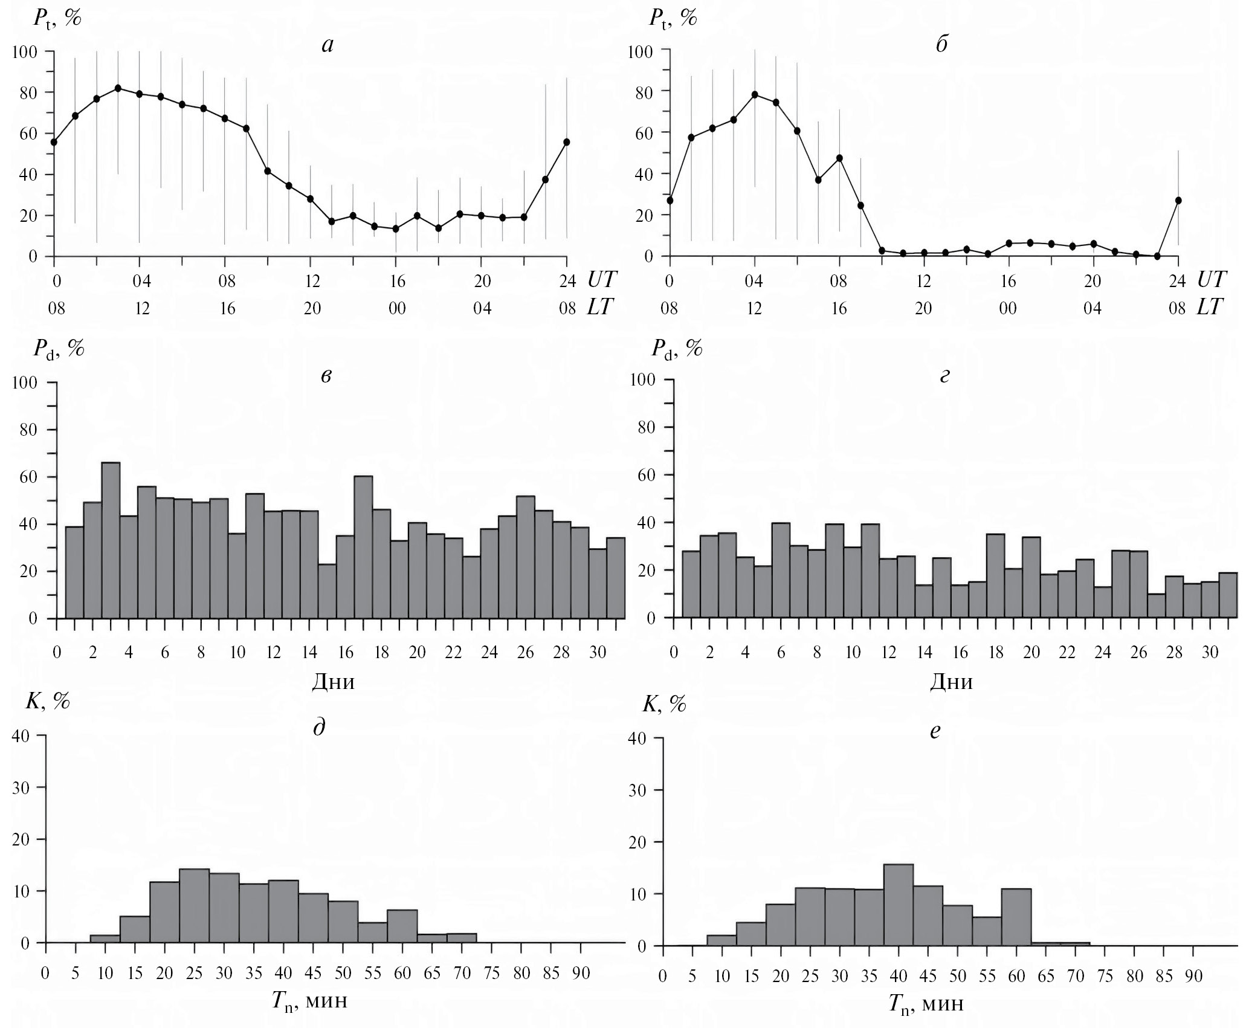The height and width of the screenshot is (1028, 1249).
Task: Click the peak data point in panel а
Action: coord(118,88)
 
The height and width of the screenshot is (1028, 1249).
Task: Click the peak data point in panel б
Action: coord(755,94)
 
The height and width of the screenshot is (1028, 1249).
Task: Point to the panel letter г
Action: coord(945,376)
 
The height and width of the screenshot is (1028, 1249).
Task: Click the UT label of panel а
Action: coord(602,279)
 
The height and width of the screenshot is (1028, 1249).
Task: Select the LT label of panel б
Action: coord(1210,308)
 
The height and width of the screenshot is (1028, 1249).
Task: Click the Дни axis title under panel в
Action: coord(333,682)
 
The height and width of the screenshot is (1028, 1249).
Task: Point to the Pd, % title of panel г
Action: coord(677,349)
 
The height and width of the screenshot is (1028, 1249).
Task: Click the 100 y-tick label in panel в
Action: coord(25,383)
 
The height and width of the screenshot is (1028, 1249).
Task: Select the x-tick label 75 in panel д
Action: coord(492,974)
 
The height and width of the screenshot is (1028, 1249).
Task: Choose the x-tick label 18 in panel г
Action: coord(996,653)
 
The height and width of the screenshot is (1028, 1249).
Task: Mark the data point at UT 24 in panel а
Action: coord(566,142)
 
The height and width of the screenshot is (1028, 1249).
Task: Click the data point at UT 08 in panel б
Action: coord(839,158)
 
